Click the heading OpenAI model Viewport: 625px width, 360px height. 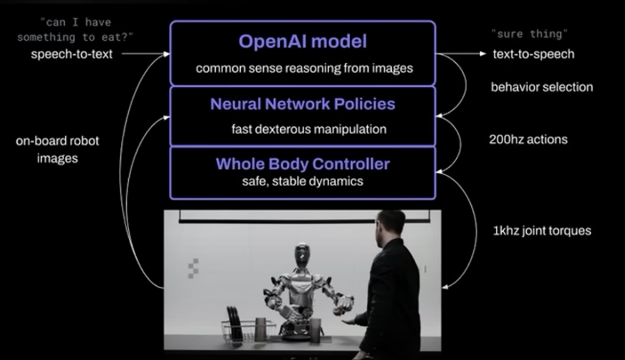pyautogui.click(x=302, y=42)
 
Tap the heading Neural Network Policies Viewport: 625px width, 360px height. pyautogui.click(x=302, y=104)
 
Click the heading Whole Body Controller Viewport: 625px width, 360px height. pyautogui.click(x=302, y=165)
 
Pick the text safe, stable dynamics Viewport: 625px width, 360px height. pyautogui.click(x=303, y=181)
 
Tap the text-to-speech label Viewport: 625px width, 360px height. pyautogui.click(x=533, y=54)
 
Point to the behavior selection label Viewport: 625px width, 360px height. pyautogui.click(x=542, y=88)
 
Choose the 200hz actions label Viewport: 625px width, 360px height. pyautogui.click(x=528, y=140)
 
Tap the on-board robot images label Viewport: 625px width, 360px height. pyautogui.click(x=57, y=150)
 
